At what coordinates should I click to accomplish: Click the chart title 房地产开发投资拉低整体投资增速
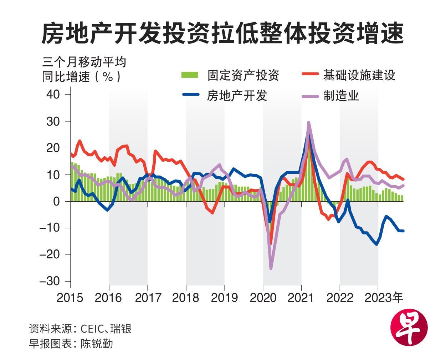tap(222, 34)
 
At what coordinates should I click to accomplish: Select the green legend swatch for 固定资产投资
tap(189, 75)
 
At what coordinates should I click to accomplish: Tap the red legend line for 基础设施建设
tap(310, 75)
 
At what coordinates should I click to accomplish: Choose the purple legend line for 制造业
tap(310, 96)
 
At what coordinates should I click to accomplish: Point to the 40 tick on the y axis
tap(53, 95)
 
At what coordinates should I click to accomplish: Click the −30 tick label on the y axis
tap(50, 281)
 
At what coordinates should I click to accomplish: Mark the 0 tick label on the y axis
tap(56, 202)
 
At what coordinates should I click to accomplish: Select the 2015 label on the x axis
tap(70, 298)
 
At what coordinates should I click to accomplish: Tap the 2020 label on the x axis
tap(263, 298)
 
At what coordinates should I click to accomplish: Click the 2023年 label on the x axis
tap(384, 298)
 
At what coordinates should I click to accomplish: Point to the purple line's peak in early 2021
tap(308, 123)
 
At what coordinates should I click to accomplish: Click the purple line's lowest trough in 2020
tap(271, 268)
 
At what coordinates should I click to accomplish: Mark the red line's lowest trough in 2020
tap(271, 244)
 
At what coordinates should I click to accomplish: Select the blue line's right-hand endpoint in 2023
tap(403, 231)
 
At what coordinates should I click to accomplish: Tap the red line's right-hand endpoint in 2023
tap(403, 179)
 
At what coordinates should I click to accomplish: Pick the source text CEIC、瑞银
tap(106, 328)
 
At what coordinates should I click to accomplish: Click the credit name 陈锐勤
tap(97, 343)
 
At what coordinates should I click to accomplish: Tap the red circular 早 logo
tap(409, 327)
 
